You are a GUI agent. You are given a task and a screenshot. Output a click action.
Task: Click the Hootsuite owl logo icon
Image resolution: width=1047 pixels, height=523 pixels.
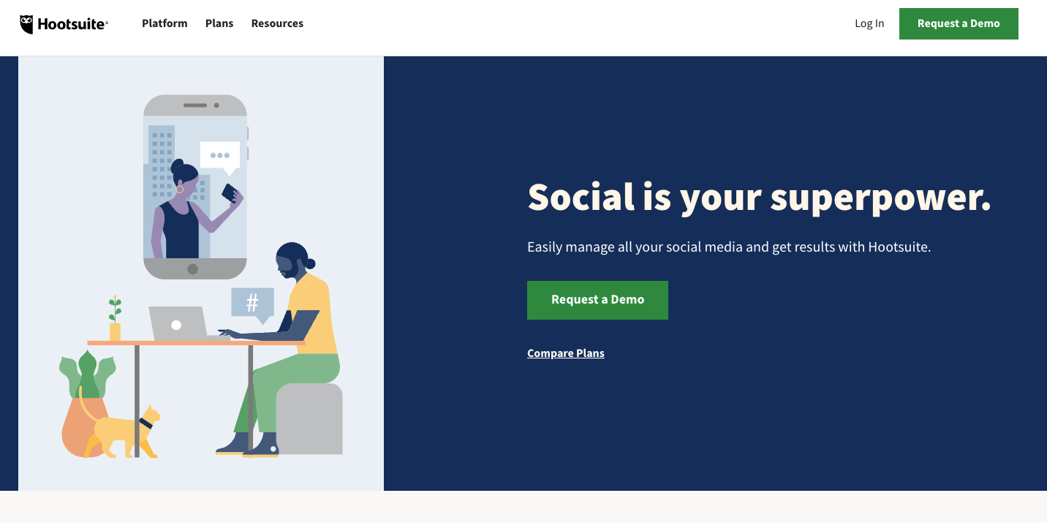27,24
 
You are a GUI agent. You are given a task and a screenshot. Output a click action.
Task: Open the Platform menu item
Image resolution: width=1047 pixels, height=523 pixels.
165,23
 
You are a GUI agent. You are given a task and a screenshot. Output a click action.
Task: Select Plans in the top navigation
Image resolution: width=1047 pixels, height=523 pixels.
219,23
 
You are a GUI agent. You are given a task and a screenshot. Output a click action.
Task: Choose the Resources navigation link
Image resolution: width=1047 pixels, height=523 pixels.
277,23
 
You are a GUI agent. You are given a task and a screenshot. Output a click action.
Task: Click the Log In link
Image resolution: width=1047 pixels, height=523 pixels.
869,23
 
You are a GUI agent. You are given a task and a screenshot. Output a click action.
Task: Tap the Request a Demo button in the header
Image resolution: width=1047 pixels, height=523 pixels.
958,23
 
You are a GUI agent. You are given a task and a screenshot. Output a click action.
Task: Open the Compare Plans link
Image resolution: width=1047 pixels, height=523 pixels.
565,353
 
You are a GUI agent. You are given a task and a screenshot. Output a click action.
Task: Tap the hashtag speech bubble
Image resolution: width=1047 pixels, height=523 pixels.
252,302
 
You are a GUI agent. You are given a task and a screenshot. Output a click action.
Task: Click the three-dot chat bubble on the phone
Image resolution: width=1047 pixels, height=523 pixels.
219,155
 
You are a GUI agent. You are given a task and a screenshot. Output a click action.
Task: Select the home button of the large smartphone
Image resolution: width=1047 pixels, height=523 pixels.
192,269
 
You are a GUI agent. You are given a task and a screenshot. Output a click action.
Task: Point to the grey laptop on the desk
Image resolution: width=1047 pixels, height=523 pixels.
178,323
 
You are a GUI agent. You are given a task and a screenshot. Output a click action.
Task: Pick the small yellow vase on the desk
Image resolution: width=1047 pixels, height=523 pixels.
115,331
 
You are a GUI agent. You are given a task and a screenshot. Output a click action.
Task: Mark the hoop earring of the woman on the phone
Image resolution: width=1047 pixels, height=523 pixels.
179,189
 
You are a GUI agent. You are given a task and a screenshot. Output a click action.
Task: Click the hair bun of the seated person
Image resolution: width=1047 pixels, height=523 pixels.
310,263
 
